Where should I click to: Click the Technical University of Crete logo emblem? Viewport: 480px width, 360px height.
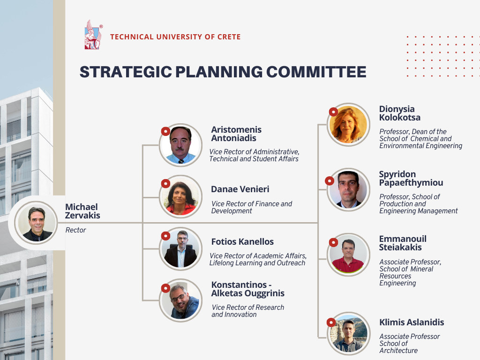93,35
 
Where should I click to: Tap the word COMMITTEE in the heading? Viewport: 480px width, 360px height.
316,72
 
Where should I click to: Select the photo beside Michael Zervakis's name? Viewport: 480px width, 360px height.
37,223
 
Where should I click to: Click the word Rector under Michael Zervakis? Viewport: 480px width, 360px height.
75,230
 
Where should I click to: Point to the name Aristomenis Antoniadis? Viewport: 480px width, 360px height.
236,134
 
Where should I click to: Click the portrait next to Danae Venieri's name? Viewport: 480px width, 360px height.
180,196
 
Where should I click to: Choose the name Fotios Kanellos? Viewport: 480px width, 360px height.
242,241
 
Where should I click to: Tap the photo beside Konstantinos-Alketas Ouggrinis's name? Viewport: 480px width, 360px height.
180,300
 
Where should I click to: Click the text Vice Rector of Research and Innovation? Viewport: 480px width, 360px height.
247,311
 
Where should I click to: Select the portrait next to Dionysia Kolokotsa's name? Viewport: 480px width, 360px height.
348,125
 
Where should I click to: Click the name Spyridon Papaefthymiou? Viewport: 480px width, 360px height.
411,178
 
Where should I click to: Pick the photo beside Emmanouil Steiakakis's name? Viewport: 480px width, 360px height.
348,255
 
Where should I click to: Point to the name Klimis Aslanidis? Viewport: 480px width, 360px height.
412,322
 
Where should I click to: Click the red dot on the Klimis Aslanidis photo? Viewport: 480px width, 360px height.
331,322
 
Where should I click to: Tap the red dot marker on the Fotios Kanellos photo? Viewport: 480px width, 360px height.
165,236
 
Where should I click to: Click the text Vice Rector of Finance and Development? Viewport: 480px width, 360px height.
251,207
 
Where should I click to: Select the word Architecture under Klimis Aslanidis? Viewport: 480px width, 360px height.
398,351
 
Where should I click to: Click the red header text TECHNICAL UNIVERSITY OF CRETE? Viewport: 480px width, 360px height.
175,37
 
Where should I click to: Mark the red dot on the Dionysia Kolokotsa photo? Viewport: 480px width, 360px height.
333,112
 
